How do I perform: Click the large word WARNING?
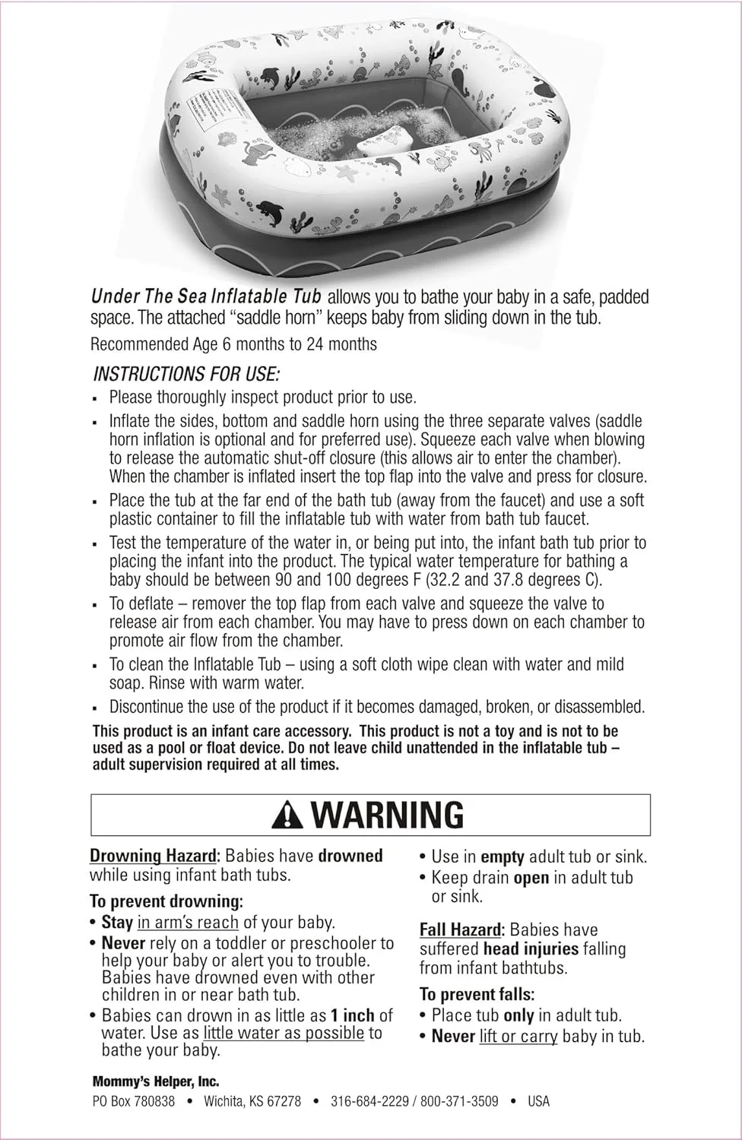coord(387,815)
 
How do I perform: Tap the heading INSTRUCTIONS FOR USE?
coord(186,374)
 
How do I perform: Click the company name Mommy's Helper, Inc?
coord(156,1081)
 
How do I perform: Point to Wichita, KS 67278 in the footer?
coord(252,1100)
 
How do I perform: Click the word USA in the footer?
coord(538,1100)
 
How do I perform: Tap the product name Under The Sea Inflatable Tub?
coord(206,296)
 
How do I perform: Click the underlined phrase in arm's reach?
coord(188,923)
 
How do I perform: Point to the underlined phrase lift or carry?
coord(518,1036)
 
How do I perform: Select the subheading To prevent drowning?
coord(166,901)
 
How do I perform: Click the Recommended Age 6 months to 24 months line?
coord(233,344)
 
